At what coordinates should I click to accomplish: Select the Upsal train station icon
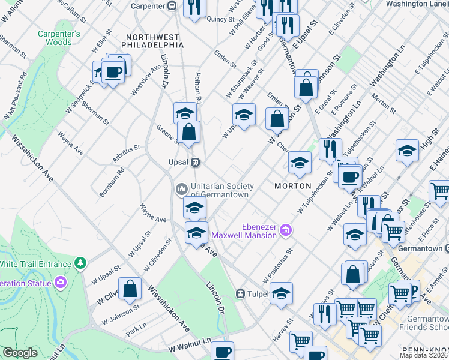click(x=195, y=163)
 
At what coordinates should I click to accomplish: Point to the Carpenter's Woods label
click(x=59, y=38)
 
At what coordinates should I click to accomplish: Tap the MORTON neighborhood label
click(x=292, y=186)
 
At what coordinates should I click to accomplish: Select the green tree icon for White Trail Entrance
click(x=80, y=263)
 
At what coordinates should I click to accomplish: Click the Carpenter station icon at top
click(x=171, y=6)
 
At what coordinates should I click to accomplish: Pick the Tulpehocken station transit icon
click(x=240, y=294)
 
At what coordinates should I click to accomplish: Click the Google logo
click(x=20, y=353)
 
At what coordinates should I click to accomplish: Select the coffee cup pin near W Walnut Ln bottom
click(x=222, y=351)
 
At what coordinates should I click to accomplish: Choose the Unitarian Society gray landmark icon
click(x=181, y=190)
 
